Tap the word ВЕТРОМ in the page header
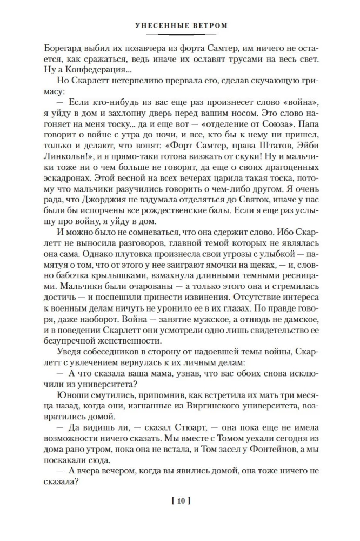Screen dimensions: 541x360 (x=208, y=25)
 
